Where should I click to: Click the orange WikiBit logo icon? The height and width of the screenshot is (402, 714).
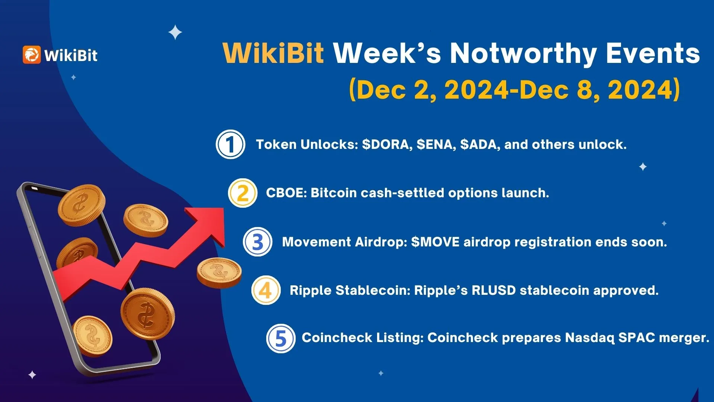[x=32, y=55]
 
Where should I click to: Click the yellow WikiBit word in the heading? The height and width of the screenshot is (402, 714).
[x=273, y=53]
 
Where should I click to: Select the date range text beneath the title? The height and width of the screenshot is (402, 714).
[x=514, y=90]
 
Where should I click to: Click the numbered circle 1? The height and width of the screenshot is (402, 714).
[x=231, y=144]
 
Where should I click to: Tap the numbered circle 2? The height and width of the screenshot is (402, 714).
[x=243, y=193]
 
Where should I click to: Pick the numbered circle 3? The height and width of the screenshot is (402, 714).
[x=258, y=242]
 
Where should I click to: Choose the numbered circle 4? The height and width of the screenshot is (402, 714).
[x=266, y=290]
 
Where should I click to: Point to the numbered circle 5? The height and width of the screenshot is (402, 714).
[x=281, y=338]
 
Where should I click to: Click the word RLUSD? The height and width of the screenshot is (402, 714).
[x=493, y=290]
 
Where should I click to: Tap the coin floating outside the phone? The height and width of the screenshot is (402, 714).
[x=219, y=273]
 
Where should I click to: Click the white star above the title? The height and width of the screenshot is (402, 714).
[x=175, y=32]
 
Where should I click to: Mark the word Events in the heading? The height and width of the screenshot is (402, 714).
[x=653, y=53]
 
